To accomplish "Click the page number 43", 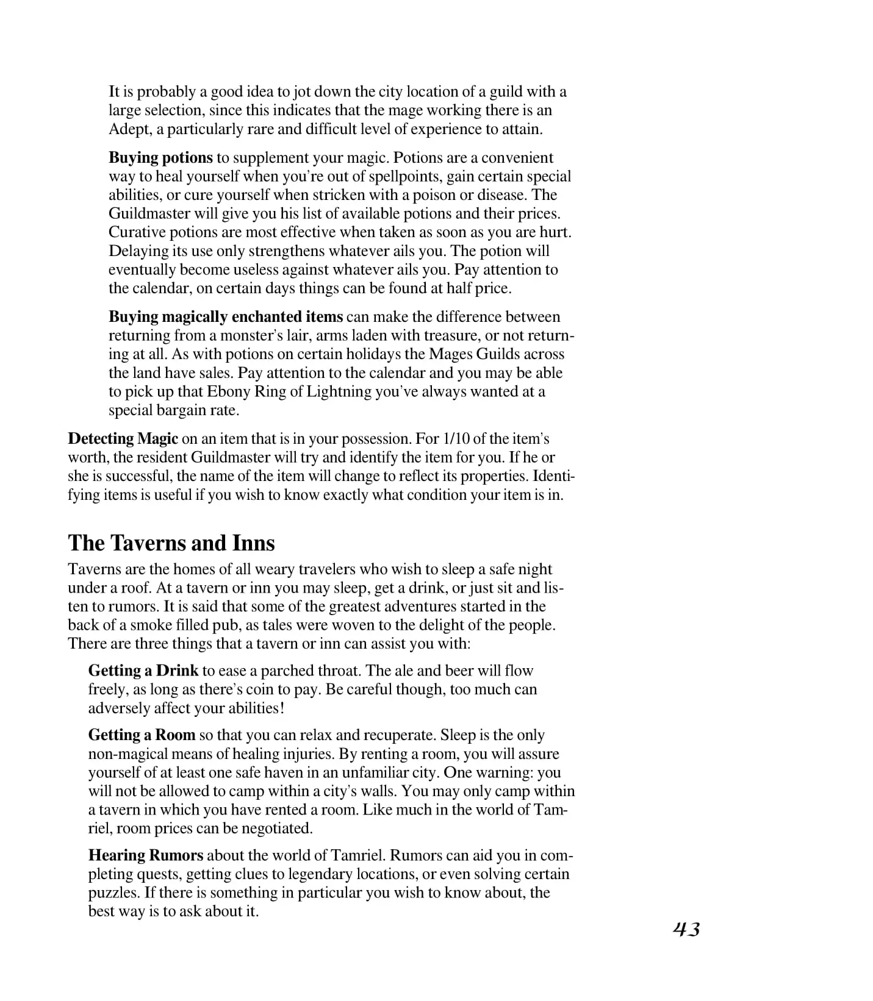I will pyautogui.click(x=686, y=929).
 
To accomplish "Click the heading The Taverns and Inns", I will pyautogui.click(x=171, y=543).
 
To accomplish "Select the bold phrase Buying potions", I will pyautogui.click(x=160, y=157).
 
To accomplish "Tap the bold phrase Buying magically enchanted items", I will pyautogui.click(x=226, y=317).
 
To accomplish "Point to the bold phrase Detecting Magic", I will pyautogui.click(x=123, y=439).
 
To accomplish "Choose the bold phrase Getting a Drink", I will pyautogui.click(x=143, y=671).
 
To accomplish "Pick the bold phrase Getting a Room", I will pyautogui.click(x=142, y=735).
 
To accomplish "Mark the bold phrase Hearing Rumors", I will pyautogui.click(x=146, y=855).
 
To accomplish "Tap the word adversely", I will pyautogui.click(x=119, y=708).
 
